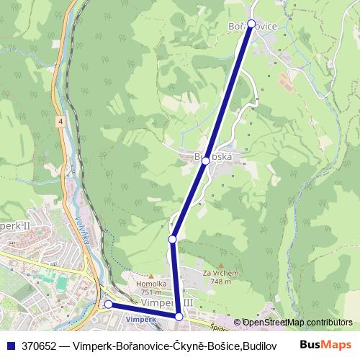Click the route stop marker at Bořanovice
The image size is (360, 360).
coord(251,24)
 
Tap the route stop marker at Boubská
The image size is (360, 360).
coord(206,161)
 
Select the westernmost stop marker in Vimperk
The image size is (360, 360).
coord(109,305)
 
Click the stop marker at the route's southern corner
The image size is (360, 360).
coord(179,316)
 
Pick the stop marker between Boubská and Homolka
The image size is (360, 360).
coord(173,238)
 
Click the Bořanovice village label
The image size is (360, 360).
coord(252,27)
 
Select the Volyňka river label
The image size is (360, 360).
coord(81,230)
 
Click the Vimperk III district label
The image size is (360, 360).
coord(167,304)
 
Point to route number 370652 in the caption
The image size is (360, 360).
coord(38,345)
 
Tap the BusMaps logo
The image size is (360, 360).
coord(325,344)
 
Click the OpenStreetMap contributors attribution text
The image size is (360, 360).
coord(296,323)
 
